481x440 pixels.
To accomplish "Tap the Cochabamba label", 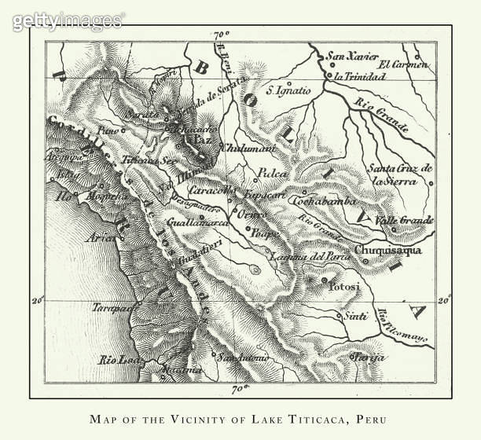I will (319, 201).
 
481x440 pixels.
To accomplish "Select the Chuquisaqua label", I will (387, 251).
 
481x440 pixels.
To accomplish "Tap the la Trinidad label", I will (359, 77).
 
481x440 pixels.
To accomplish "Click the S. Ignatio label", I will (288, 90).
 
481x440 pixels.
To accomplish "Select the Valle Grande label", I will (405, 220).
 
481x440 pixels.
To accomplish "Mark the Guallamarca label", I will (196, 223).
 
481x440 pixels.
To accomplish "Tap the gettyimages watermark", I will (68, 20).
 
